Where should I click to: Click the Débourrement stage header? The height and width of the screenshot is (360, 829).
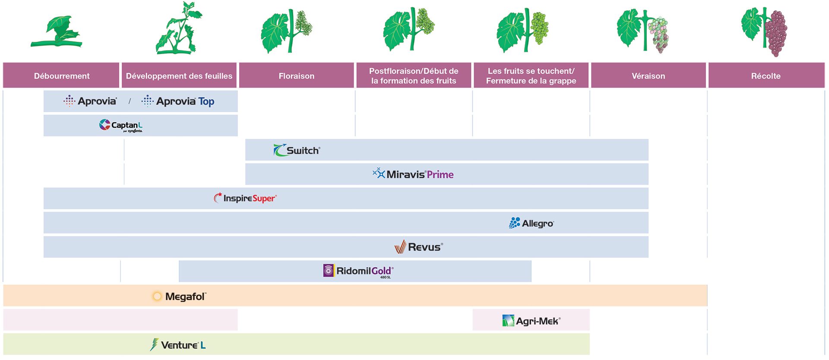pos(61,76)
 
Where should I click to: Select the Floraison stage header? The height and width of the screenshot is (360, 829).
pos(296,76)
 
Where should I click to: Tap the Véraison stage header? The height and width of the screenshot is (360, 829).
pos(648,76)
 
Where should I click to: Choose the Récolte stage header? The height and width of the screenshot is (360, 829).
pos(766,76)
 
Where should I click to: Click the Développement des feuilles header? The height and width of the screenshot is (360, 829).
pos(179,76)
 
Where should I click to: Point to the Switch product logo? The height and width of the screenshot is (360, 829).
pos(297,150)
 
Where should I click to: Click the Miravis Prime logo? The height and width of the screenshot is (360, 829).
pos(413,174)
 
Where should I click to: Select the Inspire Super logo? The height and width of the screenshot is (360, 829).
pos(245,198)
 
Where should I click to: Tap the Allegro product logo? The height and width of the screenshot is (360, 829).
pos(531,223)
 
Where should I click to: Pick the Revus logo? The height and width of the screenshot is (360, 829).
pos(418,247)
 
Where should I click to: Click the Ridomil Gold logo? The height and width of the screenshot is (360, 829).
pos(358,271)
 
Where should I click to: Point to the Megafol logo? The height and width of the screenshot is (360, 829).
pos(179,297)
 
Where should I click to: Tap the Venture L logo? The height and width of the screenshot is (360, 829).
pos(177,345)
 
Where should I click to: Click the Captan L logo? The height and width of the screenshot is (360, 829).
pos(121,125)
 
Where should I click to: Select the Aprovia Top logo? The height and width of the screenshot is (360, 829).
pos(178,101)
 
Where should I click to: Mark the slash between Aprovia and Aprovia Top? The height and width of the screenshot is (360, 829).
pos(130,101)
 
